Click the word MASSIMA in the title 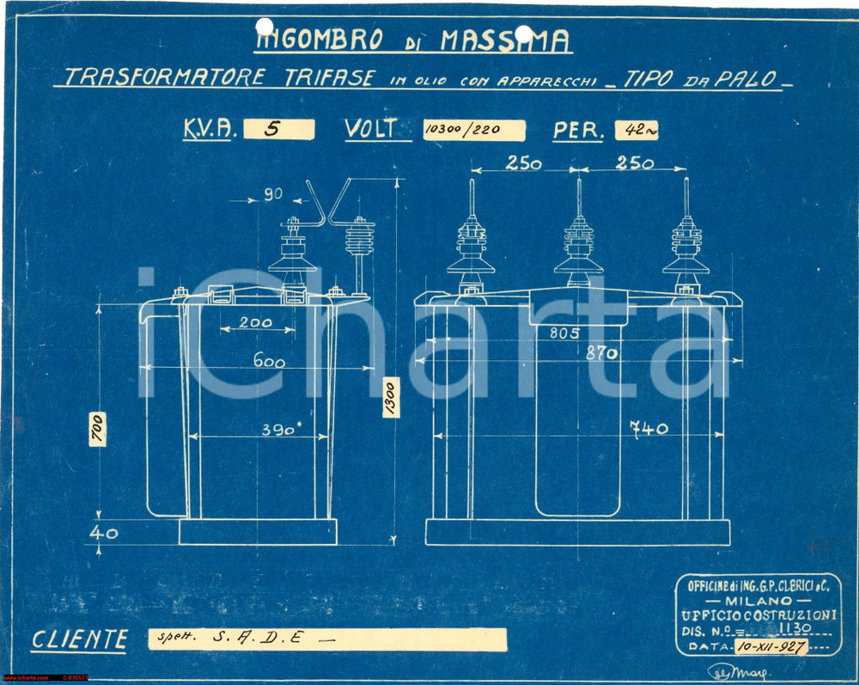(505, 40)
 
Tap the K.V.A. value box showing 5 (278, 129)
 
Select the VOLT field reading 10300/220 (473, 130)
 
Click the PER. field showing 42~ (637, 131)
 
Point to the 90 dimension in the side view (273, 195)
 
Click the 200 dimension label (255, 323)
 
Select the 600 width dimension (269, 363)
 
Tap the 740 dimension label (649, 429)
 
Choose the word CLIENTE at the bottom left (79, 639)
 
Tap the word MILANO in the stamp (756, 600)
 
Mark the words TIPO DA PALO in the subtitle (703, 78)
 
